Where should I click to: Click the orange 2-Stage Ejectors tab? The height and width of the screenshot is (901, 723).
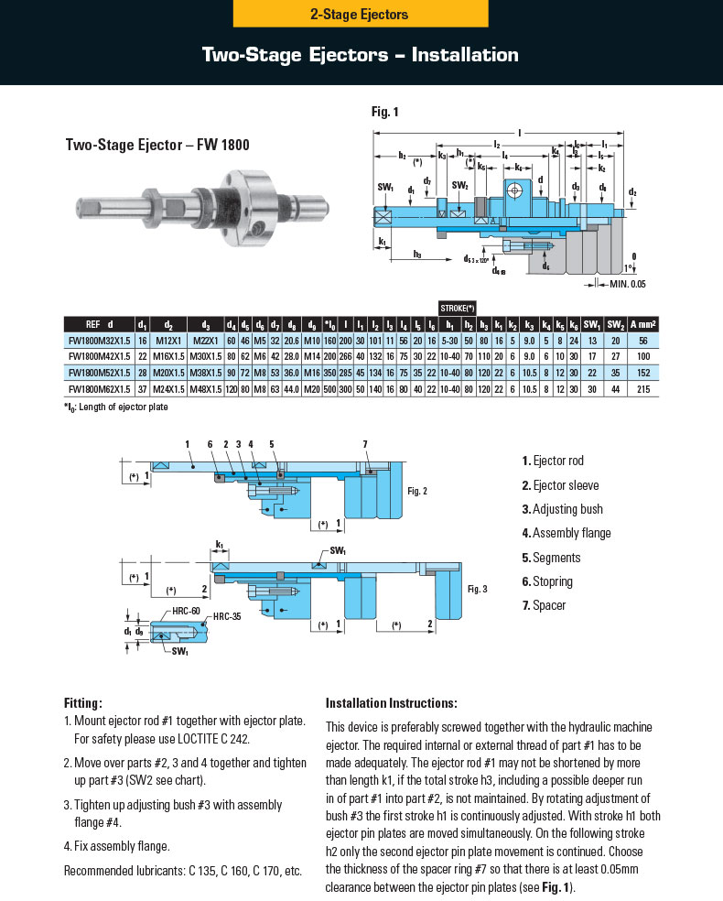point(361,14)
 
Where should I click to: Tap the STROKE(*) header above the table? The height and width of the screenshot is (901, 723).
point(457,309)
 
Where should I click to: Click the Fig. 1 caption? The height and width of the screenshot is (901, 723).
point(384,113)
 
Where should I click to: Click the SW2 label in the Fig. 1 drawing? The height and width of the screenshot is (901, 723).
point(459,186)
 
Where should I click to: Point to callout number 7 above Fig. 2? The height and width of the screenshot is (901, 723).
point(364,444)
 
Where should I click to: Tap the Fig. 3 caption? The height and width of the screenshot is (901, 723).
point(476,589)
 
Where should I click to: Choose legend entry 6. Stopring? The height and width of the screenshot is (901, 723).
point(547,581)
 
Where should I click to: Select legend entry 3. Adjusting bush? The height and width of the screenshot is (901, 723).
point(562,509)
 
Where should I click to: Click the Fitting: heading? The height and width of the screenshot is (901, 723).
point(82,703)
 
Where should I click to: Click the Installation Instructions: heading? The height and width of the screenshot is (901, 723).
point(391,703)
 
